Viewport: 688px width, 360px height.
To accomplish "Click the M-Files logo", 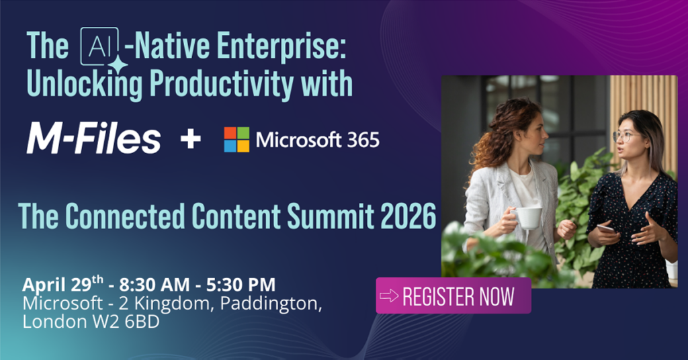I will (x=93, y=140).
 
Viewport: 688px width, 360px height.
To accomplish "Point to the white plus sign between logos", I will (x=191, y=140).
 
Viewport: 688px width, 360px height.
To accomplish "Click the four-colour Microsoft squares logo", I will (x=236, y=140).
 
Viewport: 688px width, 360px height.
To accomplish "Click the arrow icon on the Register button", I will (x=390, y=296).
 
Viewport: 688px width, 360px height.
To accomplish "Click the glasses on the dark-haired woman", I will (x=624, y=136).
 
